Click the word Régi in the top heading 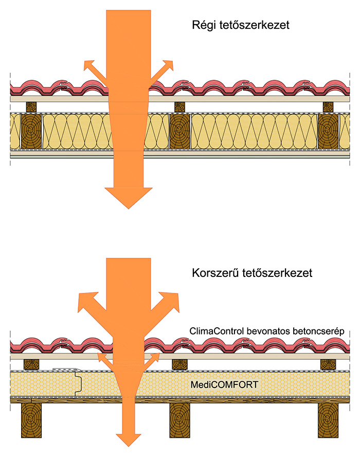(202, 25)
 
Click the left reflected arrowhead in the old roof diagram (89, 65)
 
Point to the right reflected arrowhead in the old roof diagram (168, 65)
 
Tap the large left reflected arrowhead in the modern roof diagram (84, 301)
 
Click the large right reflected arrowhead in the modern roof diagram (172, 301)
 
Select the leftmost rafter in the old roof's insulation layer (30, 132)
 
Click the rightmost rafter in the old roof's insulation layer (328, 132)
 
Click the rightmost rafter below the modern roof (328, 419)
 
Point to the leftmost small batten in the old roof (32, 107)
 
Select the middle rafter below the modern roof (179, 419)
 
